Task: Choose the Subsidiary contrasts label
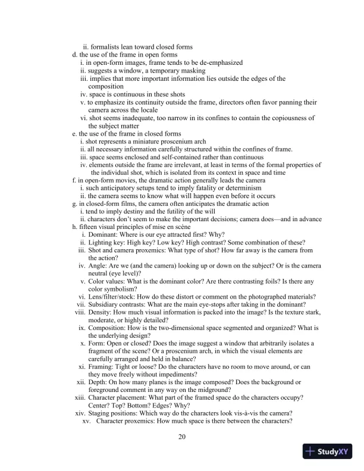coord(120,304)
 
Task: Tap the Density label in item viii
coord(101,312)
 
